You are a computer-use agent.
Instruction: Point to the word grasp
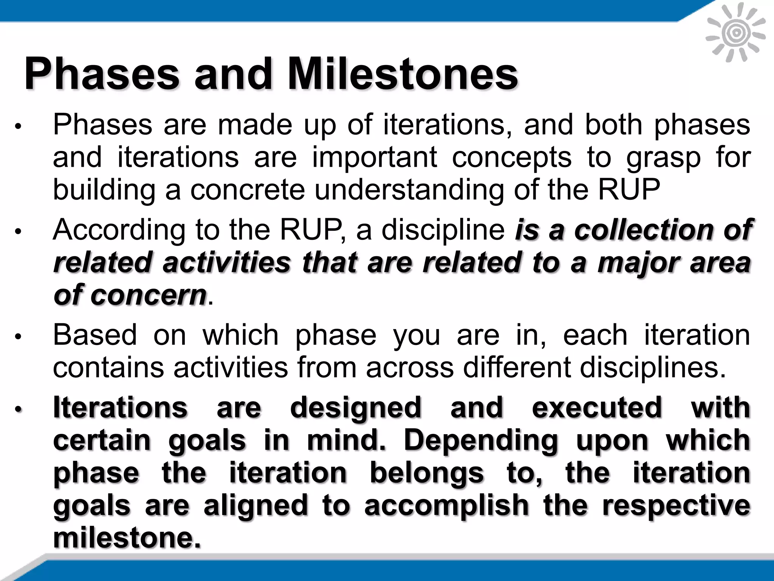(663, 158)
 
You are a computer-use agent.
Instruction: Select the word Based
(94, 335)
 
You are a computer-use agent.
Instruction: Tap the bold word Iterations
(120, 408)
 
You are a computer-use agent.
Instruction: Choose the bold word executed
(597, 408)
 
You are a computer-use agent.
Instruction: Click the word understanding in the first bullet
(409, 190)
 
